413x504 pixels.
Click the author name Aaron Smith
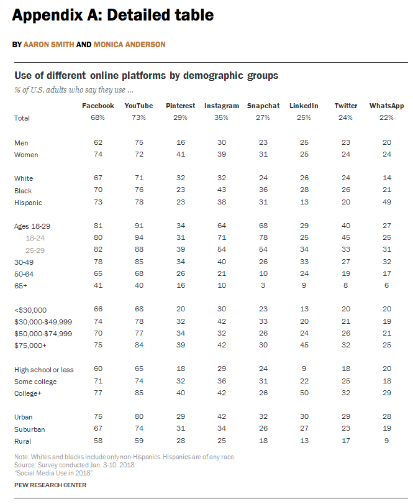pyautogui.click(x=49, y=44)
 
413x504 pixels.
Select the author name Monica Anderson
pyautogui.click(x=129, y=44)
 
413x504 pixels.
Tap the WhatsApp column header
pyautogui.click(x=387, y=106)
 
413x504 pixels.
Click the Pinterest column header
pyautogui.click(x=181, y=106)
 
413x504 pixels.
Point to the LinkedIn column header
pyautogui.click(x=304, y=106)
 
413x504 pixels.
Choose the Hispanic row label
pyautogui.click(x=28, y=203)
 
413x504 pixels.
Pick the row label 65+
pyautogui.click(x=21, y=286)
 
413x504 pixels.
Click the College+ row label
pyautogui.click(x=28, y=393)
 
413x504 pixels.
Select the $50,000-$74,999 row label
pyautogui.click(x=43, y=334)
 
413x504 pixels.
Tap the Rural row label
pyautogui.click(x=22, y=441)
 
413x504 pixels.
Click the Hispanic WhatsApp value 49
pyautogui.click(x=387, y=202)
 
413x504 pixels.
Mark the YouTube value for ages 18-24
pyautogui.click(x=139, y=237)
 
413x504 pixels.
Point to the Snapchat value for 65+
pyautogui.click(x=263, y=285)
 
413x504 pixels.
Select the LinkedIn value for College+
pyautogui.click(x=304, y=393)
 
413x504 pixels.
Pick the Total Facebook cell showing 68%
pyautogui.click(x=98, y=117)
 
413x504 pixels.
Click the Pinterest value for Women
pyautogui.click(x=181, y=154)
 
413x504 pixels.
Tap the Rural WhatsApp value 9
pyautogui.click(x=387, y=441)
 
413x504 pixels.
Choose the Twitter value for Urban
pyautogui.click(x=345, y=416)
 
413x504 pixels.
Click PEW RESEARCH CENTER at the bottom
pyautogui.click(x=50, y=485)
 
